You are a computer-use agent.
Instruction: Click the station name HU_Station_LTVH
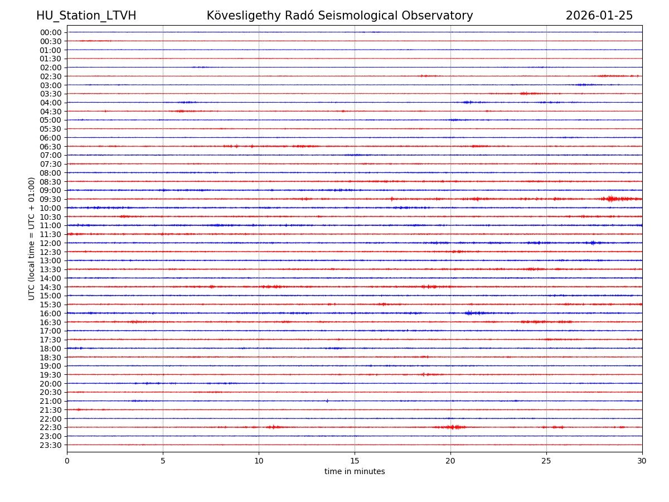pos(86,16)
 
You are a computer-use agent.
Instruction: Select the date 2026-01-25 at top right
pos(599,16)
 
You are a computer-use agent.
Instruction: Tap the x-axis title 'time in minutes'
pos(355,471)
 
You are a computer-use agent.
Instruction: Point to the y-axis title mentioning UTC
pos(32,238)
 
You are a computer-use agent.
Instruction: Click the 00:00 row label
pos(50,32)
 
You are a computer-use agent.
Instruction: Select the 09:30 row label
pos(50,199)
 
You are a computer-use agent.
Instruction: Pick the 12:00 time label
pos(50,243)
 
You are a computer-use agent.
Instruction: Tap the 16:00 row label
pos(50,313)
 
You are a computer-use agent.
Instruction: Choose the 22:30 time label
pos(50,427)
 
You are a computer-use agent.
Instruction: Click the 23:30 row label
pos(50,445)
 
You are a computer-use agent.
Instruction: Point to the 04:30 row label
pos(50,112)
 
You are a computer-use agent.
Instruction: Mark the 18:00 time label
pos(50,349)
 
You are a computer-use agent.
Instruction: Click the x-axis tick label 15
pos(355,461)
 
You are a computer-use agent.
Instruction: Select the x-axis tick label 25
pos(546,461)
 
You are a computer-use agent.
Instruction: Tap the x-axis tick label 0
pos(67,461)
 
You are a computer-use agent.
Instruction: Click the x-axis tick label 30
pos(642,461)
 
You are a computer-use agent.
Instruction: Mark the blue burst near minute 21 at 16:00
pos(470,313)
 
